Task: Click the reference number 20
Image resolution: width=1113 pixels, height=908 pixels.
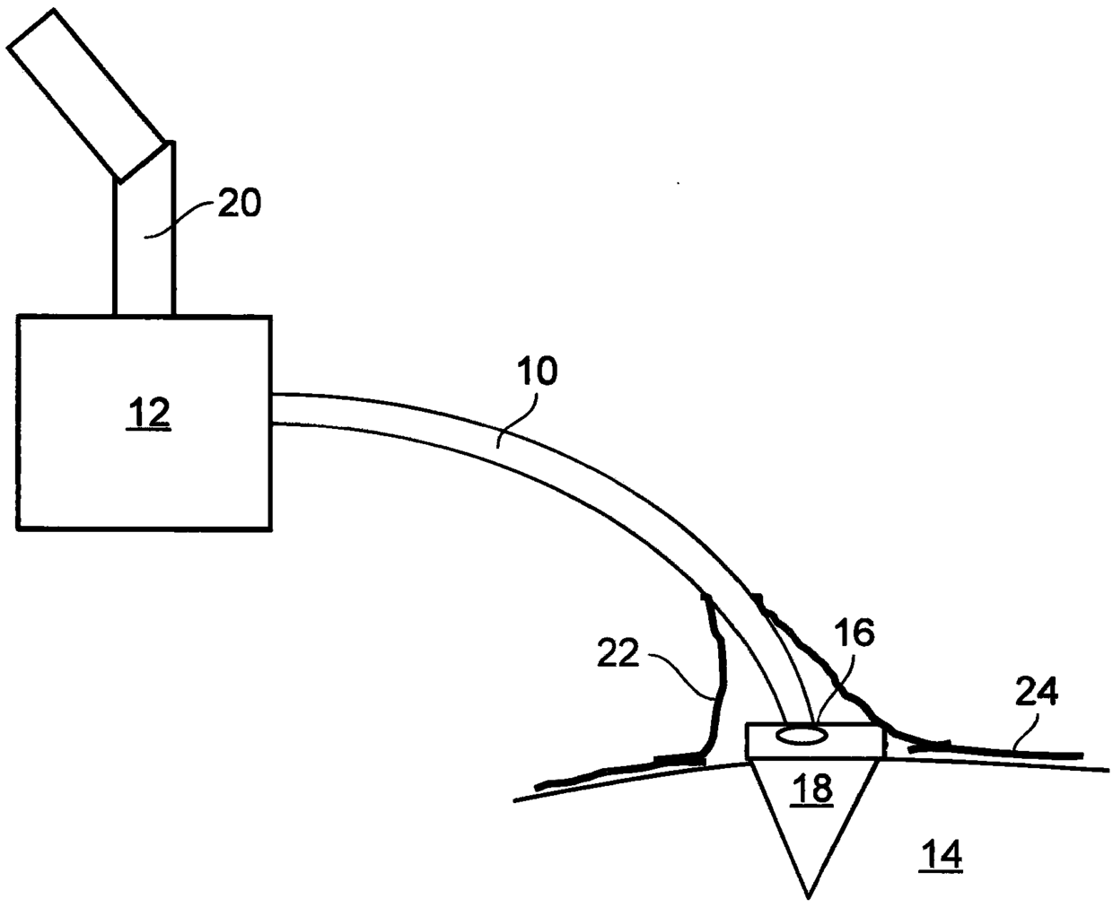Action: [x=237, y=205]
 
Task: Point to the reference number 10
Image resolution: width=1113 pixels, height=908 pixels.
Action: [x=537, y=371]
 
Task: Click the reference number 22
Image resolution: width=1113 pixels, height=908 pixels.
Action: [x=618, y=655]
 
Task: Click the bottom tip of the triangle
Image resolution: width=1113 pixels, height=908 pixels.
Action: [x=809, y=895]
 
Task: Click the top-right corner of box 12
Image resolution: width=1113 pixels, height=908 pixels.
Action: [x=270, y=317]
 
